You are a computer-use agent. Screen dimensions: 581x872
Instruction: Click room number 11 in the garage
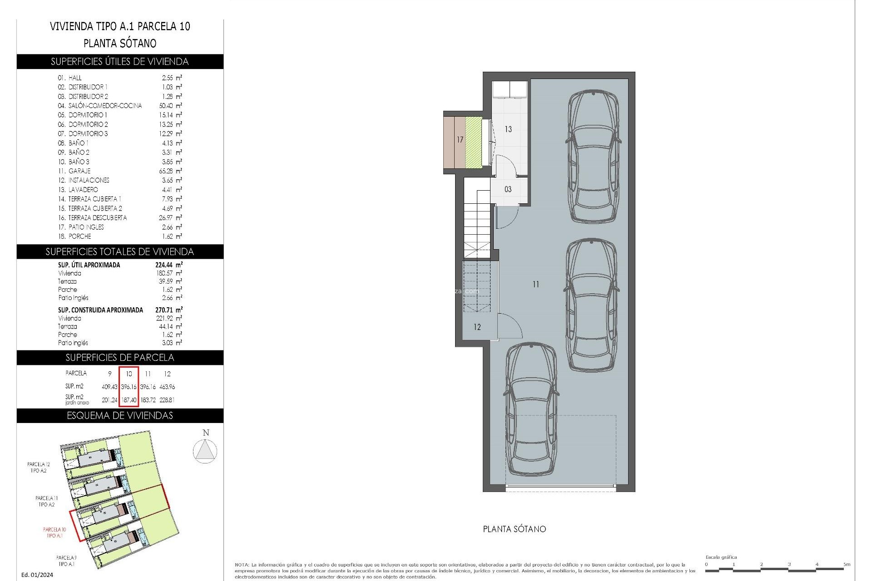(536, 285)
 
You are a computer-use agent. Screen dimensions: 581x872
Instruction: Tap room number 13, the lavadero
(508, 129)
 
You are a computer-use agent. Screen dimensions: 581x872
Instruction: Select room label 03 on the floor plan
(508, 189)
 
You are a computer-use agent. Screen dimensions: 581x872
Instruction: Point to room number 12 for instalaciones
(477, 327)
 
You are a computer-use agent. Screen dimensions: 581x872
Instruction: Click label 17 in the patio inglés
(460, 140)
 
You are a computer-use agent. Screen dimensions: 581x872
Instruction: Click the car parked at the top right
(593, 157)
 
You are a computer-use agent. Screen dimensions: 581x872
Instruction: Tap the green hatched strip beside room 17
(473, 142)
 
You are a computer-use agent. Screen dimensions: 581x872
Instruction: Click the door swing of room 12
(509, 326)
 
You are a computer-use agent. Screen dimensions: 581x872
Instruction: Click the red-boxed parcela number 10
(129, 374)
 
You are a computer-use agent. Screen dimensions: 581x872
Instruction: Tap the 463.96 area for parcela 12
(167, 387)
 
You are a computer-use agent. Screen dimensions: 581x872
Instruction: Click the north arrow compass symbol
(205, 451)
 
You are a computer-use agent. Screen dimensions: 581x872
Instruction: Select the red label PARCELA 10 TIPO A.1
(54, 532)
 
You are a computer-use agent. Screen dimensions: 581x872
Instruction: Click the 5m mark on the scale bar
(846, 565)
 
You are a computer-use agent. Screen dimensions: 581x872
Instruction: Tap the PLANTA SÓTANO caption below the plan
(514, 529)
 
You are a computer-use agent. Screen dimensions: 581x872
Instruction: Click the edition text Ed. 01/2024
(37, 575)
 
